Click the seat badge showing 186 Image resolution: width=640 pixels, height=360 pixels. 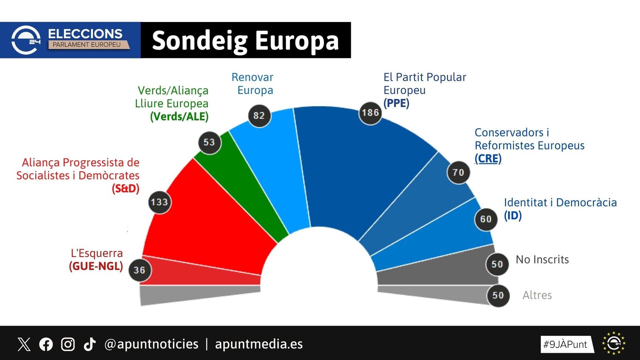click(x=370, y=113)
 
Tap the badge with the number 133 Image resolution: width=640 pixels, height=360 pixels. click(x=160, y=202)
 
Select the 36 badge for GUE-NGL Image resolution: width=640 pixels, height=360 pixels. click(x=140, y=270)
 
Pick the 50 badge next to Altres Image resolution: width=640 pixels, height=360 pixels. click(x=498, y=296)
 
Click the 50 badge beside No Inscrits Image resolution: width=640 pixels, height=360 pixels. click(x=497, y=264)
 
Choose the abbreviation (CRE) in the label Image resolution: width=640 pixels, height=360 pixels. click(x=488, y=158)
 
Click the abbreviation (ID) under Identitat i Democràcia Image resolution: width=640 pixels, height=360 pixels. click(x=513, y=216)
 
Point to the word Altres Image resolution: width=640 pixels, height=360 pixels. click(x=537, y=295)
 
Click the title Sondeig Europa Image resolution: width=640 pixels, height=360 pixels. click(x=245, y=40)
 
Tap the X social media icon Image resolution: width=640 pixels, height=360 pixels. click(x=24, y=344)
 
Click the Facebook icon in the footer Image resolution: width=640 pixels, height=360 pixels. click(x=46, y=344)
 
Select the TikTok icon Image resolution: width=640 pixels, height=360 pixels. click(x=90, y=344)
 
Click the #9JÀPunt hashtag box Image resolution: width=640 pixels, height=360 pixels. click(x=565, y=344)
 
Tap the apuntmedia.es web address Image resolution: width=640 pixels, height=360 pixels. click(x=259, y=344)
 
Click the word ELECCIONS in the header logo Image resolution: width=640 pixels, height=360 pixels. click(x=85, y=34)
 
